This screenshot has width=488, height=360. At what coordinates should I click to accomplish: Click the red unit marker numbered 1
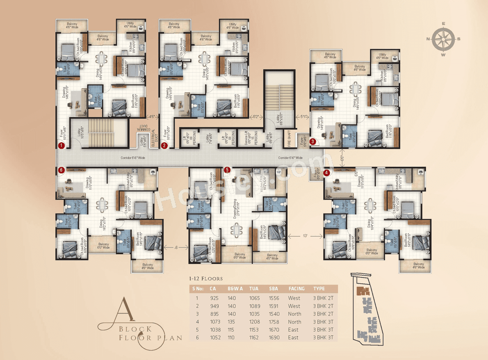61,145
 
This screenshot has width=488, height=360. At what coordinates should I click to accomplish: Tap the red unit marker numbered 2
164,145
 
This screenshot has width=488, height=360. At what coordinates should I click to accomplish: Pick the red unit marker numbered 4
326,173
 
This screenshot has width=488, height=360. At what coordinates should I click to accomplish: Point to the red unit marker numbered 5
227,170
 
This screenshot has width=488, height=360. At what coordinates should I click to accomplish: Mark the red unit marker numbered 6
61,170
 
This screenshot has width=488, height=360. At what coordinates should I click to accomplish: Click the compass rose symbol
444,39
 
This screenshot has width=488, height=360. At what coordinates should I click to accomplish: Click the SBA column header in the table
273,289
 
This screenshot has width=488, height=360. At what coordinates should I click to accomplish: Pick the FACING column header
296,289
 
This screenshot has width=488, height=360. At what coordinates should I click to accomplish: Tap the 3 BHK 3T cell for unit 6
323,337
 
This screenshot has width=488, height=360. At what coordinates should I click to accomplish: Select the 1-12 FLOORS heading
206,279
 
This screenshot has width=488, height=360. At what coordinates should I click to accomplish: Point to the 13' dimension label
305,236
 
